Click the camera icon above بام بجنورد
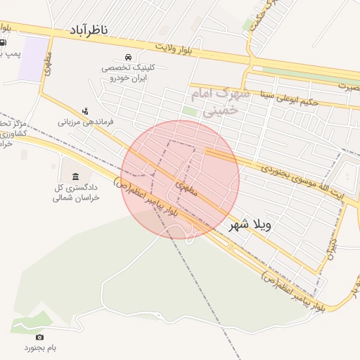pyautogui.click(x=39, y=337)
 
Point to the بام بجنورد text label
pyautogui.click(x=40, y=348)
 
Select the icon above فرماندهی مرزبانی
pyautogui.click(x=85, y=110)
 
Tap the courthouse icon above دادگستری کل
pyautogui.click(x=75, y=175)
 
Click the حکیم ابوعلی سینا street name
pyautogui.click(x=290, y=98)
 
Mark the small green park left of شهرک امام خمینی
pyautogui.click(x=189, y=111)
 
